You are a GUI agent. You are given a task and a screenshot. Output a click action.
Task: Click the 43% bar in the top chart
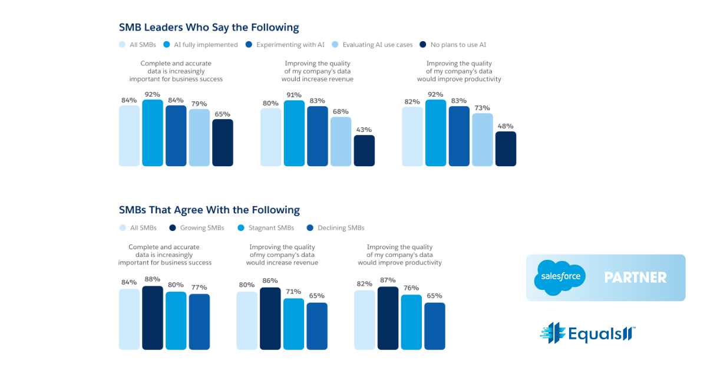coord(364,151)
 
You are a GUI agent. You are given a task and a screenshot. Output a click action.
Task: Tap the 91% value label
coord(294,95)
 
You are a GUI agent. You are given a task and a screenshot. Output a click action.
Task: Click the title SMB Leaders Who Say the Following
coord(209,28)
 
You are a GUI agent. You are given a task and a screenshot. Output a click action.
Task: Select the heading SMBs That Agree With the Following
coord(209,210)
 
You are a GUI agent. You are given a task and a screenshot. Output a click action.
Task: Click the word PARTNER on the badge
coord(636,277)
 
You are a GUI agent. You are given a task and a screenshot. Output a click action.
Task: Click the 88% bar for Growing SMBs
coord(153,318)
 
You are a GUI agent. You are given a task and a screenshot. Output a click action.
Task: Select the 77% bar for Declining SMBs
coord(199,322)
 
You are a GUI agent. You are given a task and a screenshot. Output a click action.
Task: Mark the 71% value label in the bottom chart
coord(293,291)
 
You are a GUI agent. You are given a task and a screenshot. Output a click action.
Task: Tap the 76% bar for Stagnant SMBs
coord(411,322)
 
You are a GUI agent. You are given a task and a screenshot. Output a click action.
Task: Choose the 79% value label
coord(199,104)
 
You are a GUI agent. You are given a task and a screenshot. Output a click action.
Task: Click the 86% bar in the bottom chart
coord(270,319)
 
